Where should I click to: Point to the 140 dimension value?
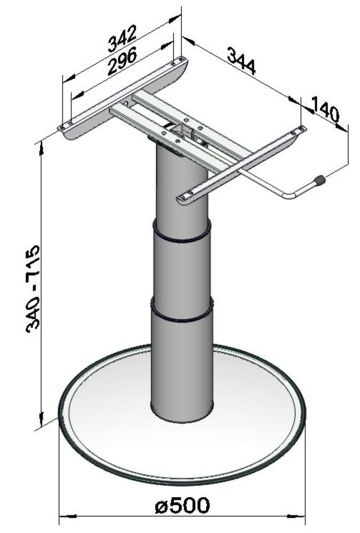point(325,111)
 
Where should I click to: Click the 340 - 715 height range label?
point(36,288)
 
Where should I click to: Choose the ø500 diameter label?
point(182,506)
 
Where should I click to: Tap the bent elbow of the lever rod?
point(289,196)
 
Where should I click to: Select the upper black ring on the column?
point(182,235)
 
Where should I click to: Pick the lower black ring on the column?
point(182,314)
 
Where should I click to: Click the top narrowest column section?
point(182,187)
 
